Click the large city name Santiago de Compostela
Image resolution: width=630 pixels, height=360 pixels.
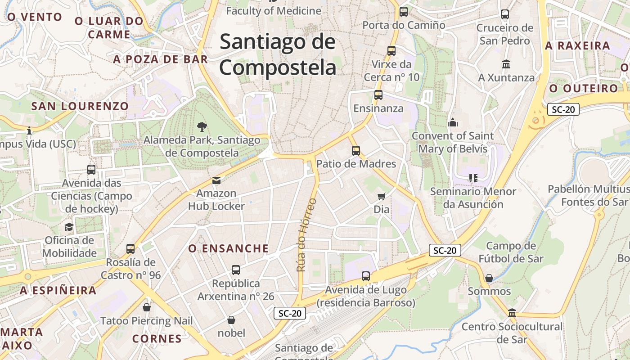(x=278, y=55)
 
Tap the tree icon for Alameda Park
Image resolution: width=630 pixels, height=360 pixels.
(x=202, y=127)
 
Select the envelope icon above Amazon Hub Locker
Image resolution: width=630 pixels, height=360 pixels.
(x=216, y=181)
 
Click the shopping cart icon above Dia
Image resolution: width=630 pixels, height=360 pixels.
(x=382, y=196)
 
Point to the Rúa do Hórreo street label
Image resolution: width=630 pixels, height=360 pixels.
(x=306, y=235)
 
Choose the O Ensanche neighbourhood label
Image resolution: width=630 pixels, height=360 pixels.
(x=229, y=248)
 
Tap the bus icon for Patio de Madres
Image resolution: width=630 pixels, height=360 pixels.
(x=356, y=151)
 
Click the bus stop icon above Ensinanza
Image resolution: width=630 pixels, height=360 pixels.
(x=378, y=95)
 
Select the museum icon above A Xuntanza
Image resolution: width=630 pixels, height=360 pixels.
(x=506, y=64)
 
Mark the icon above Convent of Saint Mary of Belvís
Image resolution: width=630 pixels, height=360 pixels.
(x=453, y=122)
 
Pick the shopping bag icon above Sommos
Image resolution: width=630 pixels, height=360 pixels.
(x=489, y=278)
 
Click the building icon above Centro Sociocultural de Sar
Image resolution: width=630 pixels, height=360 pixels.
(x=512, y=313)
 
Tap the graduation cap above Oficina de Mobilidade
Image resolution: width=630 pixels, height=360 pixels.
(x=69, y=227)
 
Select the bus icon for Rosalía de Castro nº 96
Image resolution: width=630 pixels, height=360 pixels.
(x=130, y=248)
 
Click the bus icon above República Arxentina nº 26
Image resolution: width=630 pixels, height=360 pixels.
(x=236, y=270)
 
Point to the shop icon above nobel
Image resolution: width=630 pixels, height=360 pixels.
(x=231, y=320)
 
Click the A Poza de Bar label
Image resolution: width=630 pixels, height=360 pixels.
(x=161, y=59)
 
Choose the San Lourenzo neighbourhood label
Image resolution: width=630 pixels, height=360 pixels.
(x=80, y=106)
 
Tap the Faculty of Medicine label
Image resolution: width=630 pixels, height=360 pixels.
(x=274, y=11)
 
